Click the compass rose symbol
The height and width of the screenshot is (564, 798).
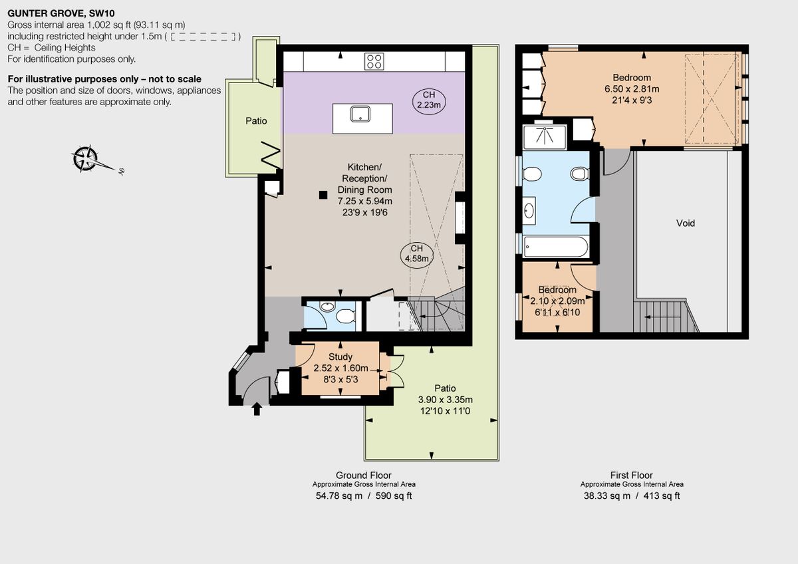[85, 159]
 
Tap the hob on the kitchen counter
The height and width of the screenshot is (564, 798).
[374, 61]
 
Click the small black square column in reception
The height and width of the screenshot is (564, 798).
[323, 194]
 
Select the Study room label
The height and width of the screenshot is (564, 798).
[340, 357]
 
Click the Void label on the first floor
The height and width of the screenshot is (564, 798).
[686, 223]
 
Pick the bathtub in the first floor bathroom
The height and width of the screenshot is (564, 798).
[556, 247]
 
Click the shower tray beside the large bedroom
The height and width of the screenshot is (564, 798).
[544, 137]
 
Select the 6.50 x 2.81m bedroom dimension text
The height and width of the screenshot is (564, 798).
[632, 89]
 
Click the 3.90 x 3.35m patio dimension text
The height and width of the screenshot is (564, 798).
[446, 400]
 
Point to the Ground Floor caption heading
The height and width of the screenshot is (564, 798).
[364, 475]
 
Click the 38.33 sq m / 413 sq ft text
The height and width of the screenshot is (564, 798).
[632, 495]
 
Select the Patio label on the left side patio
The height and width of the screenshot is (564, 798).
[256, 121]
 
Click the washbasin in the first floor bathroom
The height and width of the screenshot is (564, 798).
[529, 211]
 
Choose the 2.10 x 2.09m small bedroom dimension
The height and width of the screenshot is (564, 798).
[557, 301]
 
